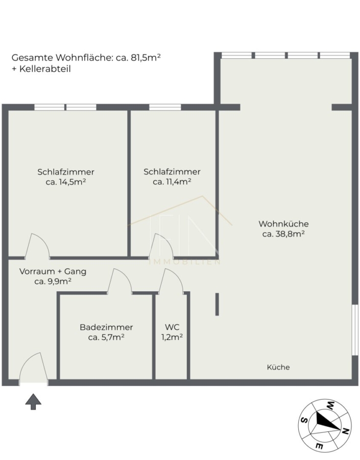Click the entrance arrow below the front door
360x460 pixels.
click(33, 401)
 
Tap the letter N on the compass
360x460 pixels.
click(345, 431)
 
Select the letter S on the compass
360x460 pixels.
click(304, 420)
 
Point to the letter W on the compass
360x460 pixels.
click(331, 406)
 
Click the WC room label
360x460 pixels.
click(172, 327)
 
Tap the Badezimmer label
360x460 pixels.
click(106, 327)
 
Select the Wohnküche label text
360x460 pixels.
click(283, 224)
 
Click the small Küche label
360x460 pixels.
click(278, 367)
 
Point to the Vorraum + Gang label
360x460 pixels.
click(53, 271)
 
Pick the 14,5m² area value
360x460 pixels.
click(73, 182)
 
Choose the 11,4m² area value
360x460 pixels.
click(179, 182)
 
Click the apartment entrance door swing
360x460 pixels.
click(33, 368)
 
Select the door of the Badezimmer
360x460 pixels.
click(119, 281)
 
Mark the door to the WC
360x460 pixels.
click(171, 281)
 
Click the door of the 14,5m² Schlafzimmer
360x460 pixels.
click(37, 246)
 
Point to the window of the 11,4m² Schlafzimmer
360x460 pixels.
click(165, 107)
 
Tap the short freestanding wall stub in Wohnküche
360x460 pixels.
click(217, 304)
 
